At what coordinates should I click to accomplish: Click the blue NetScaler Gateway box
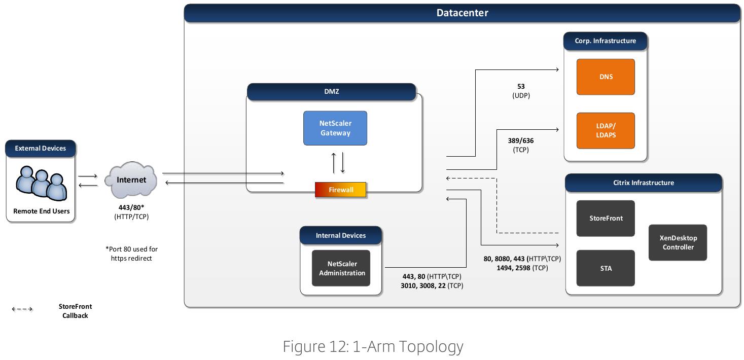coord(335,128)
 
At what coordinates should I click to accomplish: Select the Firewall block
coord(340,190)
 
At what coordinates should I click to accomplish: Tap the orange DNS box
coord(606,77)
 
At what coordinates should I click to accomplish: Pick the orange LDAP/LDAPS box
coord(606,130)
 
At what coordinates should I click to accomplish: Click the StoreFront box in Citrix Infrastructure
coord(606,218)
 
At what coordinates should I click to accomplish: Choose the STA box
coord(606,268)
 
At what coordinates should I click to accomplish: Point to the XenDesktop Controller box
coord(678,242)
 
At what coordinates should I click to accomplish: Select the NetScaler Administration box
coord(341,268)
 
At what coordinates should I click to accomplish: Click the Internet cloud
coord(131,179)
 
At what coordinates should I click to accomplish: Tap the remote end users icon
coord(41,184)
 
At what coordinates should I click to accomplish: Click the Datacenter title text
coord(462,13)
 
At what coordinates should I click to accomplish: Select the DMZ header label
coord(332,91)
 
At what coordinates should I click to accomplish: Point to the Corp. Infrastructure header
coord(605,41)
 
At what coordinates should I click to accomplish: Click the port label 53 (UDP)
coord(521,91)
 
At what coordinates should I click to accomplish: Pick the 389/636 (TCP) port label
coord(520,145)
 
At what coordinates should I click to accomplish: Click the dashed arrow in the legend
coord(22,309)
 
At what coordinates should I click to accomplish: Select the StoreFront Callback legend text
coord(75,311)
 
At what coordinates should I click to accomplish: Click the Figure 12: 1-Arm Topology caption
coord(373,347)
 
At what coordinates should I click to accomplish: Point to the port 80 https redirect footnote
coord(131,254)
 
